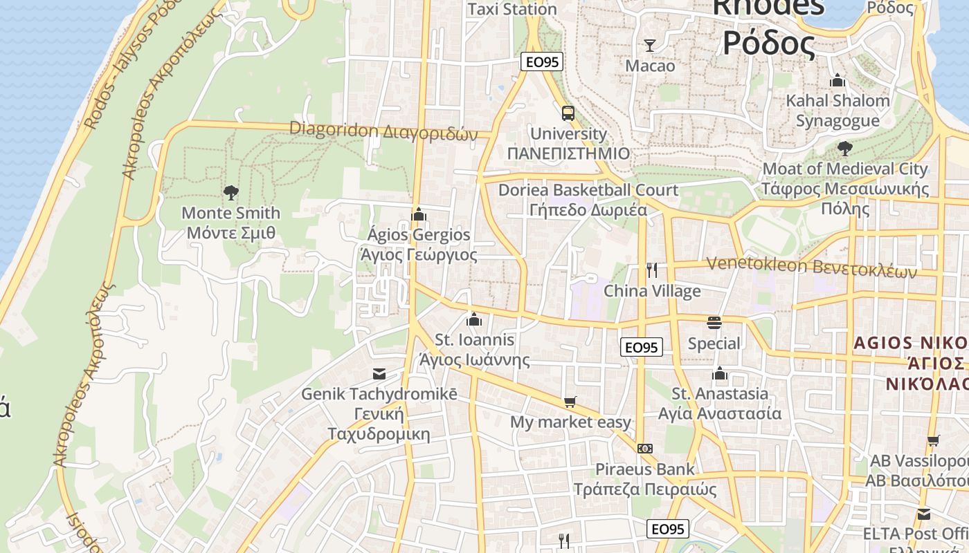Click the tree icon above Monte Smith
pos(231,193)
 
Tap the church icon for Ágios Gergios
pos(418,215)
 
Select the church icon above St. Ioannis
pos(474,319)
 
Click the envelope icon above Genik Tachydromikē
pos(379,374)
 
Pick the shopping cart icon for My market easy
pos(570,402)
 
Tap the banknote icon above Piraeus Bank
pos(645,449)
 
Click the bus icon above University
pos(568,113)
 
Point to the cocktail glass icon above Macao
pos(649,46)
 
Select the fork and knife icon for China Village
pos(651,270)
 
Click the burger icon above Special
pos(714,323)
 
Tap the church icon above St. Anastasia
pos(720,374)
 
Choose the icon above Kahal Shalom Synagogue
pos(837,80)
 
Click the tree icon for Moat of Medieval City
pos(844,148)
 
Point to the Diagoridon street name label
pos(383,130)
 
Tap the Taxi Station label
pos(512,10)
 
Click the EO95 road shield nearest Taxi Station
pos(541,62)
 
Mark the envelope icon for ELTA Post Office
pos(924,514)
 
